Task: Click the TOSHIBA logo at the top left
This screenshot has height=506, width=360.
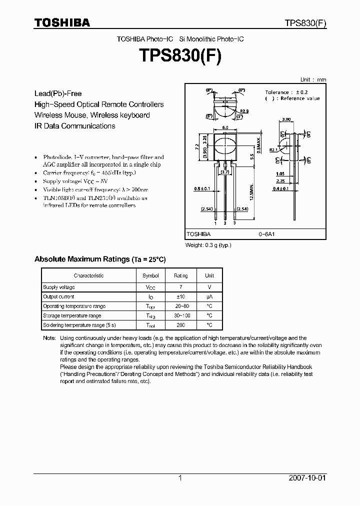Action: click(62, 22)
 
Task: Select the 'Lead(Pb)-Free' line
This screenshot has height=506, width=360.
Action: click(58, 93)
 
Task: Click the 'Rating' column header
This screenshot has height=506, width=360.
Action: click(181, 275)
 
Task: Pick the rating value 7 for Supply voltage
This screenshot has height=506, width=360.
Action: click(181, 287)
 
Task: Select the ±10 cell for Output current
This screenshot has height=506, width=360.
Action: click(181, 296)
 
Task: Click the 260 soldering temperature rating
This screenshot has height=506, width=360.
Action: click(181, 325)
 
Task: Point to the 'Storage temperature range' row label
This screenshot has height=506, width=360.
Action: click(72, 315)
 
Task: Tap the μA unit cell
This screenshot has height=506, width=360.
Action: click(209, 296)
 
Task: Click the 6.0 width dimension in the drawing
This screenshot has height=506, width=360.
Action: click(225, 128)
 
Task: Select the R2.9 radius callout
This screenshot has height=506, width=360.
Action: click(244, 111)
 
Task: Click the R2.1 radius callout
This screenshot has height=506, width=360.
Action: click(273, 150)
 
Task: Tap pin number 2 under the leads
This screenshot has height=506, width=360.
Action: click(225, 223)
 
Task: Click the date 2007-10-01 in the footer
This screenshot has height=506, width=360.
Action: click(307, 478)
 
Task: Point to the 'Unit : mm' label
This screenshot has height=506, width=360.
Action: click(313, 79)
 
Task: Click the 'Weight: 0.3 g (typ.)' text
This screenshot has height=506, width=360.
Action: click(208, 245)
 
